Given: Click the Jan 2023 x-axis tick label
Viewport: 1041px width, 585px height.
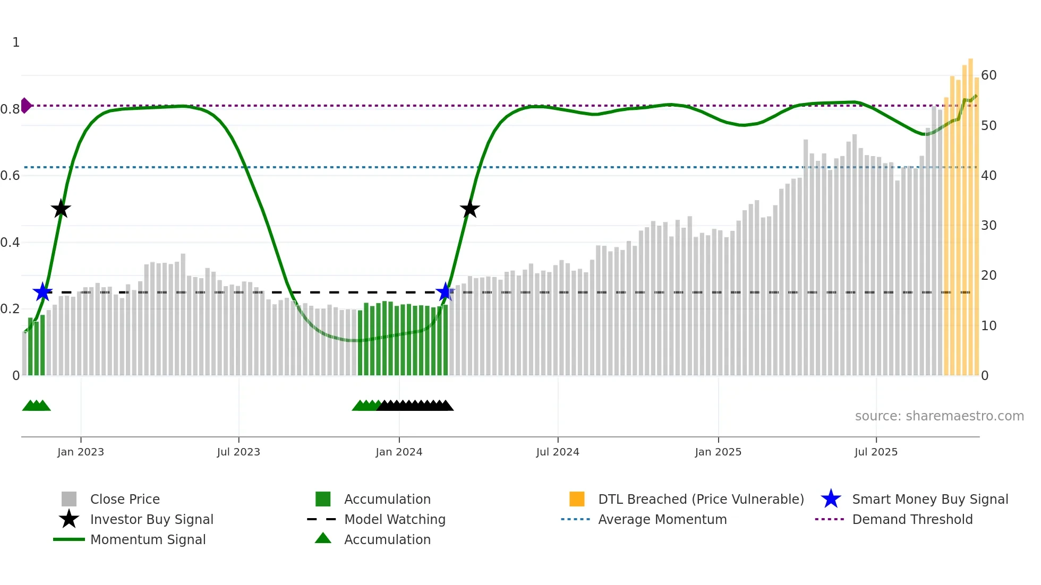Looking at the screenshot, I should [x=81, y=452].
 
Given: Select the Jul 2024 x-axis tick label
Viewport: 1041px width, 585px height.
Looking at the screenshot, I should [x=558, y=452].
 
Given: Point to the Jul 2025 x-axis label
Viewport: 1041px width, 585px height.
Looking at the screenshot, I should [x=876, y=452].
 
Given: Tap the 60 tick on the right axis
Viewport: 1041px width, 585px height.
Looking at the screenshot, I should [x=989, y=75].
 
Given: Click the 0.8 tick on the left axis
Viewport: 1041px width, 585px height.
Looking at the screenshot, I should [x=10, y=109].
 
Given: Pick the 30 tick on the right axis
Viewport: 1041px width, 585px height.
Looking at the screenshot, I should [x=989, y=226].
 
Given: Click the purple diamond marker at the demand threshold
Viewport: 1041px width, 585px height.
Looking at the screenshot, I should [x=25, y=106].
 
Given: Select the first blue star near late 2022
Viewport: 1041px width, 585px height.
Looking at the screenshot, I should [x=42, y=292].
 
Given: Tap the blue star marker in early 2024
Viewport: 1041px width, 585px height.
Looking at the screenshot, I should [x=445, y=292].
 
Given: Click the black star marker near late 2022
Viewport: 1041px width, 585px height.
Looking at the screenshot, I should [x=61, y=209].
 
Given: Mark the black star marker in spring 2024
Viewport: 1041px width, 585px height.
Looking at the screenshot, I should [x=470, y=209].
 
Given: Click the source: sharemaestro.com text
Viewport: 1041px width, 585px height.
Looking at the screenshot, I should [x=939, y=416].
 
